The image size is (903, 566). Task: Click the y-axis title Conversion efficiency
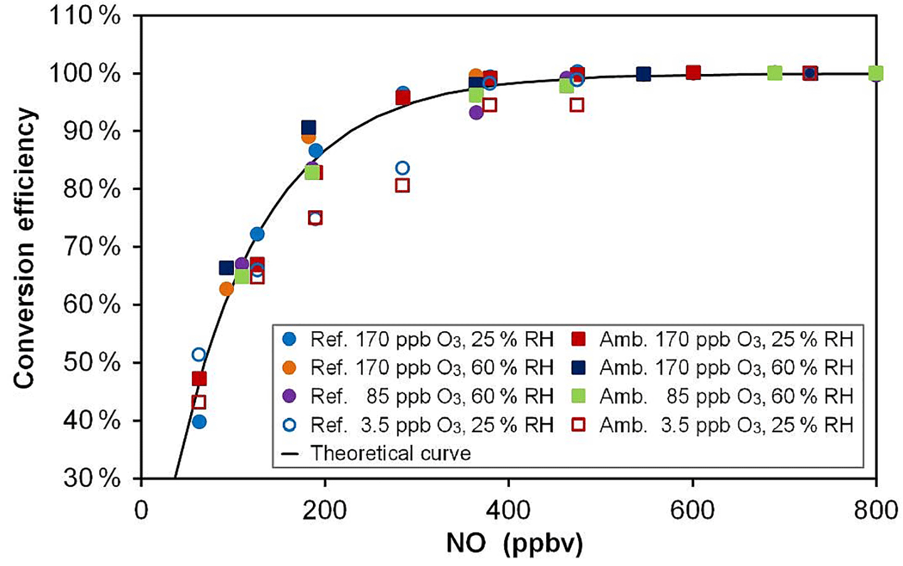25,248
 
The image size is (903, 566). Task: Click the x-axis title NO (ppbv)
514,544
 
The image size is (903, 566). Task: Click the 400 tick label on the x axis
508,511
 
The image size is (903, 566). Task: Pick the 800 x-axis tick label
875,511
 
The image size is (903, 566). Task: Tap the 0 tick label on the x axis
141,511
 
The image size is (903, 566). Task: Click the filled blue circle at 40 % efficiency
199,422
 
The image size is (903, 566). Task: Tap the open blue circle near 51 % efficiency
198,355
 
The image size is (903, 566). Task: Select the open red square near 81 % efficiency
402,185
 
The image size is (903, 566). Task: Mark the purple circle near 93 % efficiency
476,112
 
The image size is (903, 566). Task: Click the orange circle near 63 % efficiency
227,289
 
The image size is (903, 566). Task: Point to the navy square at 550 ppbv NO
643,74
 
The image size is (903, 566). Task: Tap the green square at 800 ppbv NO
875,73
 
